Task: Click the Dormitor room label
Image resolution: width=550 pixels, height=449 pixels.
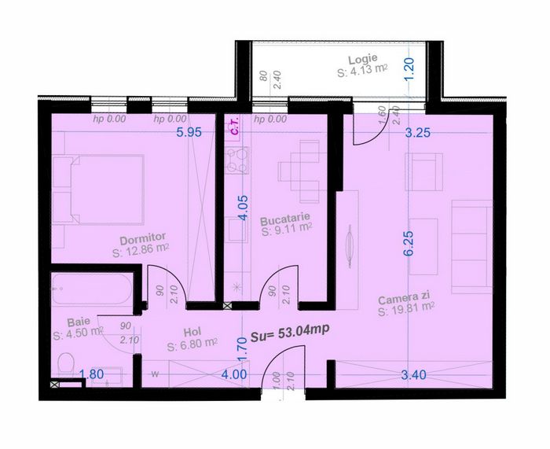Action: (x=142, y=239)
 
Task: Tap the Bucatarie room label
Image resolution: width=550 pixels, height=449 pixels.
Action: (x=285, y=220)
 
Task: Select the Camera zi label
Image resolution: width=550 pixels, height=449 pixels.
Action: (x=404, y=299)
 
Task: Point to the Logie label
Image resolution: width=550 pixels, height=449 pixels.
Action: (x=363, y=59)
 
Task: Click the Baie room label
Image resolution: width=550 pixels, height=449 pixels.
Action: (x=79, y=322)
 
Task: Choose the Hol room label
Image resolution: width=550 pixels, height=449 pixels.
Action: (x=192, y=332)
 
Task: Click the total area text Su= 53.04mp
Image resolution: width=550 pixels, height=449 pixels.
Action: (x=290, y=333)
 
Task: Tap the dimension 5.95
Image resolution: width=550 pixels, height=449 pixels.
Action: (x=189, y=132)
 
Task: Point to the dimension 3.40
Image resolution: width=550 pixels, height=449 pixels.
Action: (x=414, y=375)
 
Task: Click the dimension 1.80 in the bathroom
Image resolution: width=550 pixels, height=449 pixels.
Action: (x=91, y=374)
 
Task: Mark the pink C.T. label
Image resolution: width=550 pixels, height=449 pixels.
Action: (x=235, y=126)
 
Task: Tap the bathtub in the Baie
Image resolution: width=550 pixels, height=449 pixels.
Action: (x=92, y=289)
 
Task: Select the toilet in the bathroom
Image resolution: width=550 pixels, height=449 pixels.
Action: (x=65, y=364)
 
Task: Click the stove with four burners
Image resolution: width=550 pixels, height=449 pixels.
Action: (x=237, y=160)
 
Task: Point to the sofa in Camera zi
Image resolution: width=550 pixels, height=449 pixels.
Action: (x=471, y=246)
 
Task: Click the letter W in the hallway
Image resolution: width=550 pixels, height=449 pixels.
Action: (x=155, y=374)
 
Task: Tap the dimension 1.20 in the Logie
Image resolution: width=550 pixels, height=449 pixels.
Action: (x=409, y=68)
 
